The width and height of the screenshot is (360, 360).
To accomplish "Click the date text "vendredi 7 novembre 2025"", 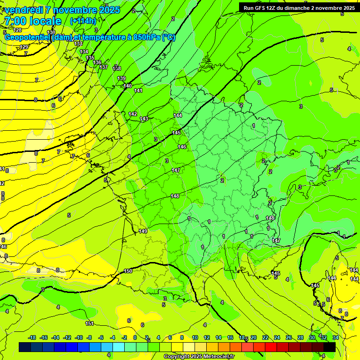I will (x=62, y=10).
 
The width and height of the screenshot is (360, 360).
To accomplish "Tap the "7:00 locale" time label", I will (x=33, y=21).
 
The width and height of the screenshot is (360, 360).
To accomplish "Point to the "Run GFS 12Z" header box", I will (x=299, y=7).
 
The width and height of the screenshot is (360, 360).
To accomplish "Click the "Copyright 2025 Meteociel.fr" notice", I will (x=199, y=356).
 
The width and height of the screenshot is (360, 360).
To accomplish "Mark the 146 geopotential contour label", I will (x=182, y=147).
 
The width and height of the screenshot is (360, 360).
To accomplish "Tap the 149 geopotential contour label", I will (x=143, y=231).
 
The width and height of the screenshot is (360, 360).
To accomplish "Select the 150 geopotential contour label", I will (x=128, y=271).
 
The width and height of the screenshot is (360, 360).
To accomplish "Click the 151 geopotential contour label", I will (x=90, y=323).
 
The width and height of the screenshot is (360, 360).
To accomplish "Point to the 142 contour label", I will (x=133, y=114).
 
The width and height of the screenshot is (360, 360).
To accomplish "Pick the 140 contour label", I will (x=127, y=86).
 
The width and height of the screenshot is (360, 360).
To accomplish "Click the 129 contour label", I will (x=24, y=47).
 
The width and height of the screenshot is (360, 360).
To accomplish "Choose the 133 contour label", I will (x=78, y=44).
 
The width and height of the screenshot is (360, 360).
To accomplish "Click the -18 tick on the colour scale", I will (x=32, y=337).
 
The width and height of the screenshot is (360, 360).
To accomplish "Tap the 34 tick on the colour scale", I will (x=336, y=337).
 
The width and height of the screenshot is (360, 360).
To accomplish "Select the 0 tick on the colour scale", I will (x=135, y=337).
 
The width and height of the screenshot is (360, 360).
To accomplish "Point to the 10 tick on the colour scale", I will (x=195, y=337).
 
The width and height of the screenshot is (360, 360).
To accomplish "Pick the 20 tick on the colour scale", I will (x=253, y=337).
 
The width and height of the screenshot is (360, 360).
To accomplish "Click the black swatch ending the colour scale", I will (x=330, y=347).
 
